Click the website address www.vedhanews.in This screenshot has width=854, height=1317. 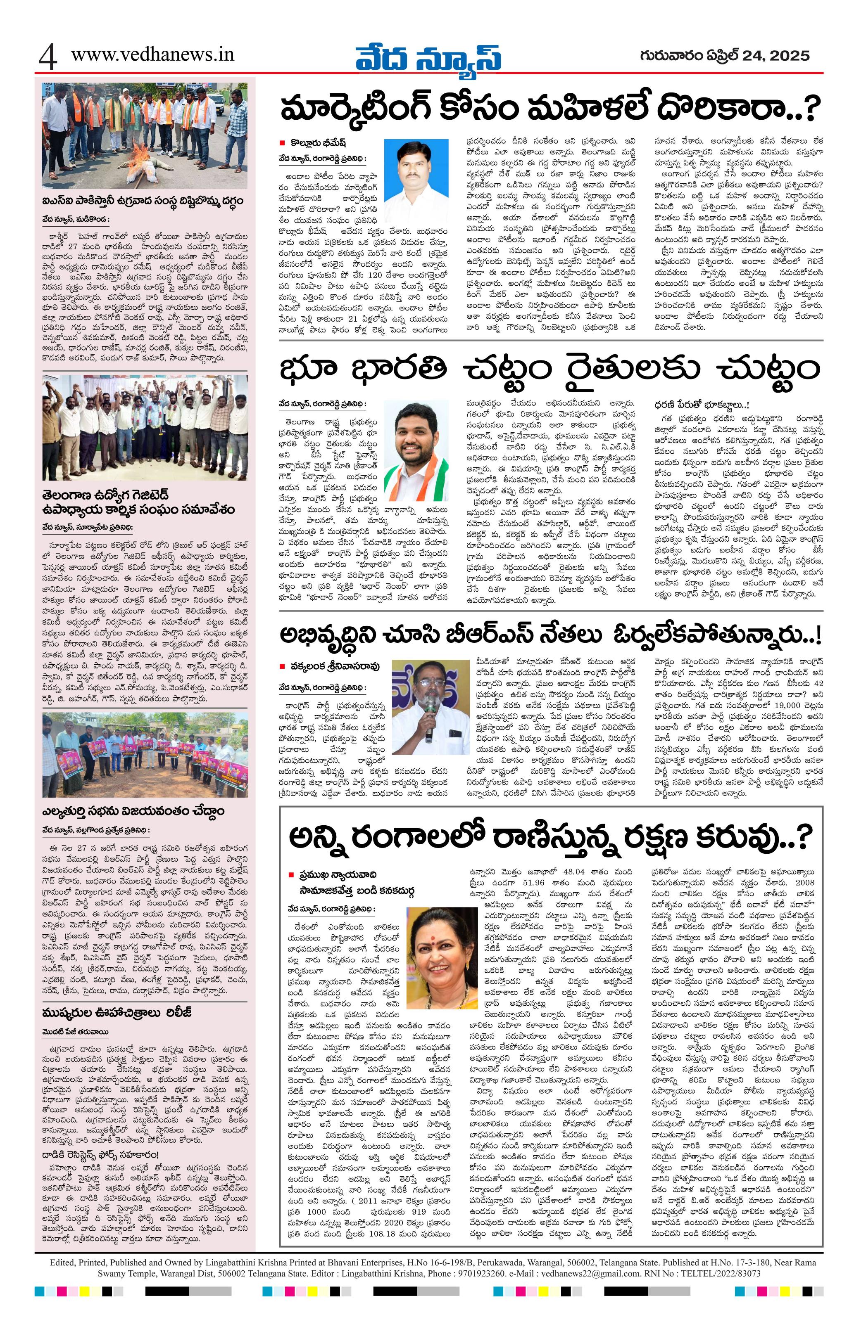tap(152, 54)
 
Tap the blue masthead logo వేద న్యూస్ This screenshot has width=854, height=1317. tap(428, 56)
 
